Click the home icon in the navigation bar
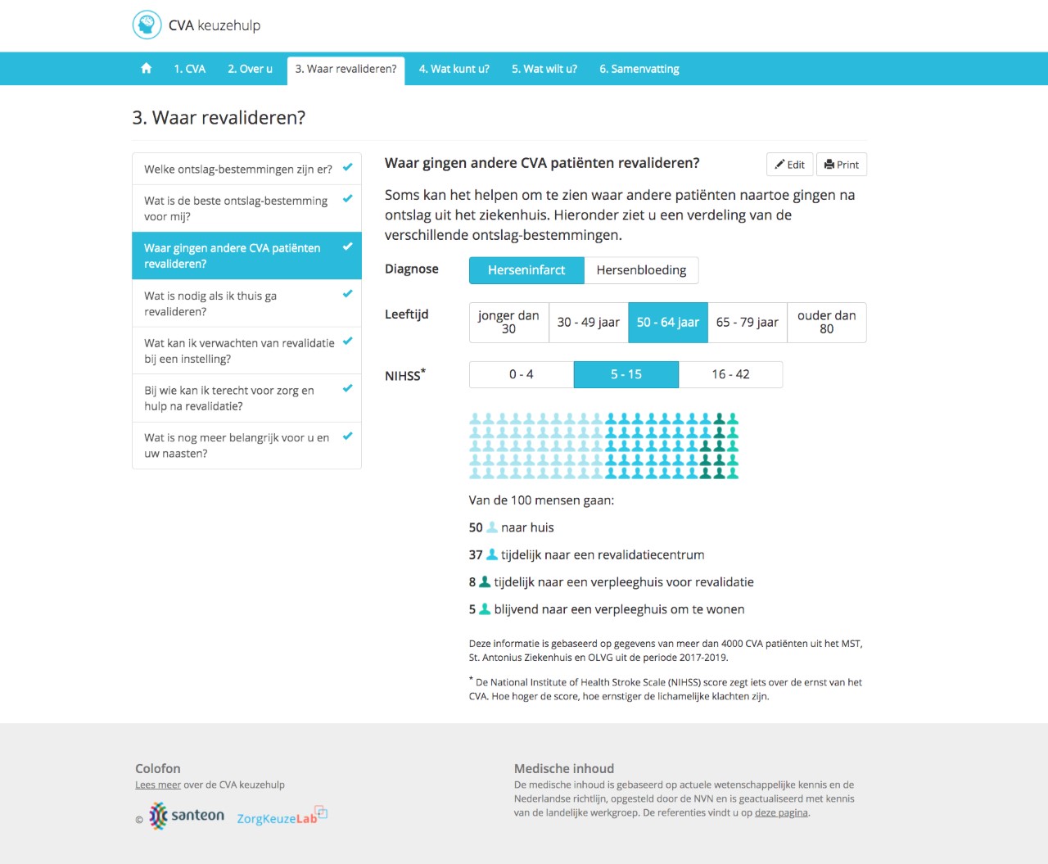(146, 69)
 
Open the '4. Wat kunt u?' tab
(454, 69)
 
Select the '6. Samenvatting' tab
(639, 69)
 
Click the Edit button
(790, 165)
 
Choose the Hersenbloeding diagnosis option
(641, 270)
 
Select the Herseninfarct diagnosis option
(526, 270)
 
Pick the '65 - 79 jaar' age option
(747, 323)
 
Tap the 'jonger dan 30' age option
(508, 323)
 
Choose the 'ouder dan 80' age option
(826, 323)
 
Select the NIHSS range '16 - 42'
(730, 374)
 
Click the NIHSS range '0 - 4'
(521, 374)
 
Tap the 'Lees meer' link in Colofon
(158, 785)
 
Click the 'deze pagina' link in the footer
(781, 813)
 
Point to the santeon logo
(187, 816)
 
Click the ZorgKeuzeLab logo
(281, 817)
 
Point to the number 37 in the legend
(476, 555)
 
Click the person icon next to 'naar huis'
(492, 527)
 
